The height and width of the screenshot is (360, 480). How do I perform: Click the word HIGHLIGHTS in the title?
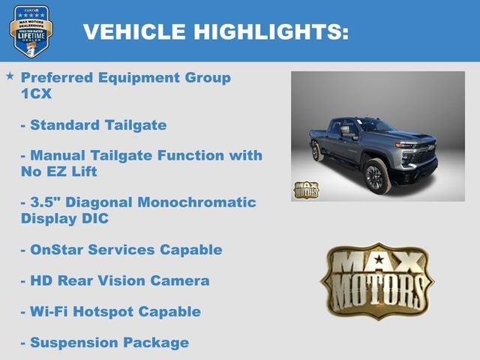click(272, 31)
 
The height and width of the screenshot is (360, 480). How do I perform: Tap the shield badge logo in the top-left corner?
click(31, 31)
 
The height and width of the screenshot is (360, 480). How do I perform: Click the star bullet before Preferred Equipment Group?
click(10, 76)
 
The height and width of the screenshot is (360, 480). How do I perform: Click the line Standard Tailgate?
click(94, 124)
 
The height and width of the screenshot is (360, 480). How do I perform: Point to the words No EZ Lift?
click(59, 172)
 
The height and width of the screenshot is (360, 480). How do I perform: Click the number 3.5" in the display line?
click(46, 202)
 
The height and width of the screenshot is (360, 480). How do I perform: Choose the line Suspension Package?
click(104, 343)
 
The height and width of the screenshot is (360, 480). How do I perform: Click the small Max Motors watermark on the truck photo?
click(305, 190)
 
